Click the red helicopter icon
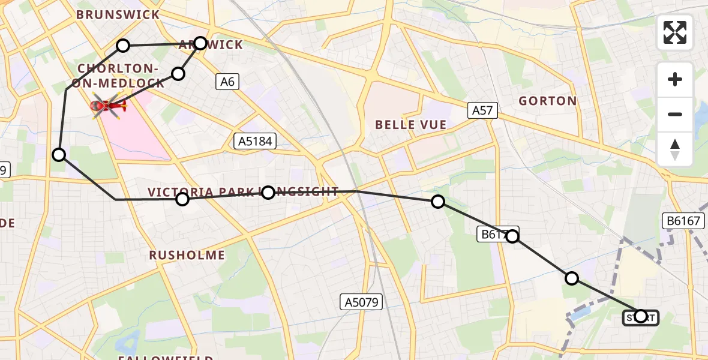(x=109, y=107)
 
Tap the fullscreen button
(x=675, y=32)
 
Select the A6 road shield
(x=227, y=82)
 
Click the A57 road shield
(x=482, y=109)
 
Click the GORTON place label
(x=548, y=101)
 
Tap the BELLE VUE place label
(x=410, y=125)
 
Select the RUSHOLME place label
(x=187, y=255)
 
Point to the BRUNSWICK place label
(x=118, y=14)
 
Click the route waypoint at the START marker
(x=641, y=316)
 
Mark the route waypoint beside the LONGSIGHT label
(x=268, y=192)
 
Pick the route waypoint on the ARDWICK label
(x=200, y=43)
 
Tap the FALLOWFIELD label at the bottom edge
(x=165, y=358)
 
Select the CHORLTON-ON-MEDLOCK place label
(x=118, y=76)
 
